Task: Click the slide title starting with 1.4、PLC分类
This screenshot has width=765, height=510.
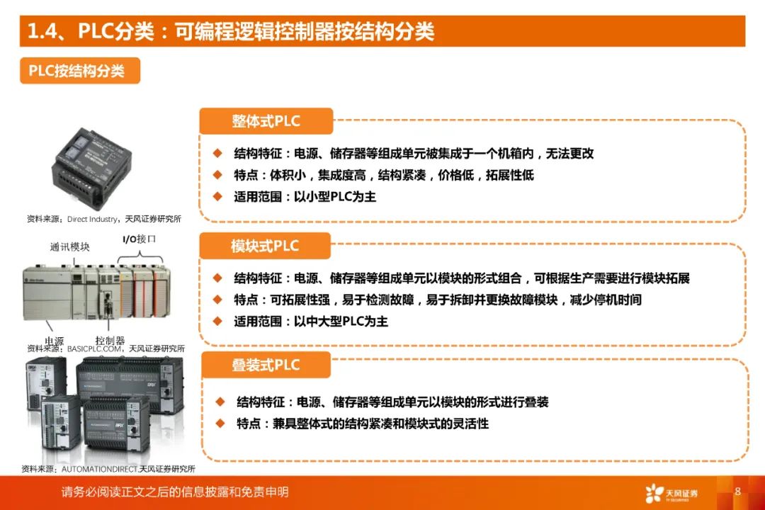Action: pos(230,32)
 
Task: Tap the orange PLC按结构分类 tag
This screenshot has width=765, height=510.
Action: pos(79,71)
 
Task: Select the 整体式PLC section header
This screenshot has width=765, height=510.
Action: pos(266,121)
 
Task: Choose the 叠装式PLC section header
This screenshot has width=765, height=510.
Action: pos(266,365)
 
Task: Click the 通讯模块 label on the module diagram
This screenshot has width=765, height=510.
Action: pos(69,247)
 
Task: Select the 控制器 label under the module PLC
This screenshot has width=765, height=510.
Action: pos(110,340)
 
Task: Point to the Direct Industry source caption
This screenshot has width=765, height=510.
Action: pos(103,220)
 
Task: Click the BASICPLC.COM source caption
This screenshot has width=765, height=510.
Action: pos(106,348)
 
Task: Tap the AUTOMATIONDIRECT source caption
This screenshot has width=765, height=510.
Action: pos(108,468)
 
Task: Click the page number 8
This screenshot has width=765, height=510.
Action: pos(737,492)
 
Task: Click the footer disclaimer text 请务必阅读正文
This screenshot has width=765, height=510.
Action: pos(175,492)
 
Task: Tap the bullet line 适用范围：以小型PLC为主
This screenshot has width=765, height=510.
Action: pos(305,197)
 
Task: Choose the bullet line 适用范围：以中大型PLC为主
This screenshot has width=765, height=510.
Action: pos(311,322)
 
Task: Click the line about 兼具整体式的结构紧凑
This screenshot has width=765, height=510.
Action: pos(363,424)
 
